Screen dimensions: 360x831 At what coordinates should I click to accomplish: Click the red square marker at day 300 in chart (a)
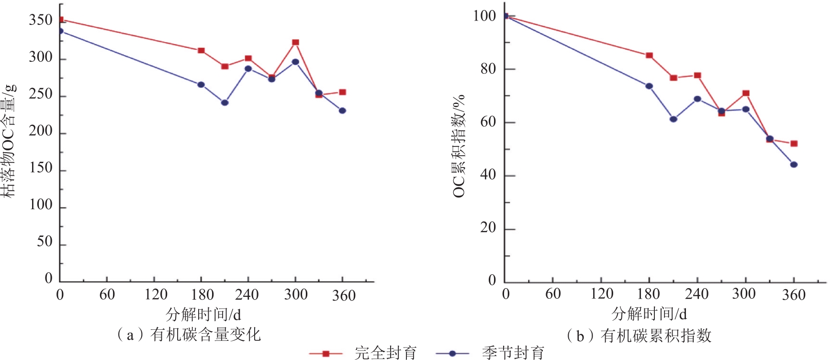(x=295, y=43)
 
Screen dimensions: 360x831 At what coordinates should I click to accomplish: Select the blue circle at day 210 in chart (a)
(x=225, y=102)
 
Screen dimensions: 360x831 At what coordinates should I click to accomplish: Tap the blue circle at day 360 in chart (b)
(x=794, y=165)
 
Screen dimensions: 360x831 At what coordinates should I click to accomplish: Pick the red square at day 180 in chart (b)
(x=649, y=56)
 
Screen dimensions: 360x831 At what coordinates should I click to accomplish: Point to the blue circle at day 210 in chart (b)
(x=673, y=119)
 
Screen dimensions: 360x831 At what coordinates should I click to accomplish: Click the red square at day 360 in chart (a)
(x=342, y=92)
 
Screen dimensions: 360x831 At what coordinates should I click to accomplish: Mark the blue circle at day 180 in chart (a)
(x=201, y=85)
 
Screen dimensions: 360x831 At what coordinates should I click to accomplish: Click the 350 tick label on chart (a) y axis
(x=41, y=20)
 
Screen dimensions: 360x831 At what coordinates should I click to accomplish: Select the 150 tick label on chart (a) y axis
(x=41, y=168)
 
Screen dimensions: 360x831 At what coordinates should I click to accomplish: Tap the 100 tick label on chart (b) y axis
(x=484, y=16)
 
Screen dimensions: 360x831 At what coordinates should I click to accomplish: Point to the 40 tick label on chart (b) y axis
(x=488, y=175)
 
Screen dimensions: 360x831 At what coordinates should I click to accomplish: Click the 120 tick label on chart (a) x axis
(x=156, y=294)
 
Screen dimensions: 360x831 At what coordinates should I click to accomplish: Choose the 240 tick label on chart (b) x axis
(x=696, y=294)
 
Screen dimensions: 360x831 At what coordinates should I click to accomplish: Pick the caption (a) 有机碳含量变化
(x=189, y=334)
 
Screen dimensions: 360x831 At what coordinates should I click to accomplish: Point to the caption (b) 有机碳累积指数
(x=639, y=336)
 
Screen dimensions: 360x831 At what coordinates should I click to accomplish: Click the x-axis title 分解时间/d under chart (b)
(x=649, y=314)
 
